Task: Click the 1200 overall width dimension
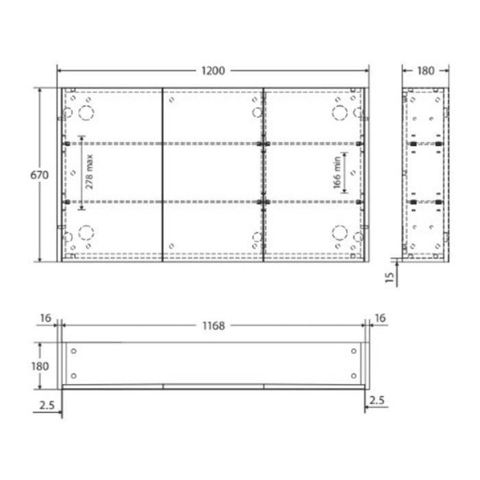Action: tap(213, 70)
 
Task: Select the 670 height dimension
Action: tap(39, 175)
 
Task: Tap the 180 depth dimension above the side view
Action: tap(426, 70)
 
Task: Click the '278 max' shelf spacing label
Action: tap(89, 173)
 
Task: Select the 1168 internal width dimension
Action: tap(213, 326)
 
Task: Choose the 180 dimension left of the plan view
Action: tap(39, 365)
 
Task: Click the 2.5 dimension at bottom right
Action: tap(376, 399)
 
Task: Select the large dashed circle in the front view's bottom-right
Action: tap(339, 232)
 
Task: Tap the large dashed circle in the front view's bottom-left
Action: tap(86, 232)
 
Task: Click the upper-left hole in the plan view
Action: tap(74, 351)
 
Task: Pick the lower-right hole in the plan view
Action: tap(354, 376)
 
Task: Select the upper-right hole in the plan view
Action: tap(354, 351)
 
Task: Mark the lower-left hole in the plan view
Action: tap(74, 376)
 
